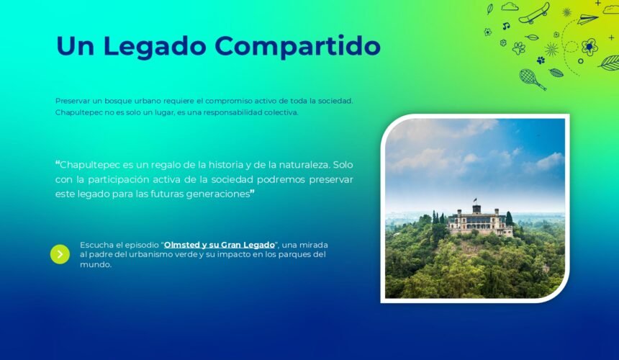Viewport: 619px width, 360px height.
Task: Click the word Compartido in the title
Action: (x=298, y=46)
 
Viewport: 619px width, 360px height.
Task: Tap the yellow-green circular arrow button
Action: (x=60, y=254)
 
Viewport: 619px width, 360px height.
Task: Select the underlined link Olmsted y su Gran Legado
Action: (x=219, y=245)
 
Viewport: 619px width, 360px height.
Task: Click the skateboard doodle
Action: (x=534, y=14)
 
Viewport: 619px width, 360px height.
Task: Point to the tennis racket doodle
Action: (x=532, y=79)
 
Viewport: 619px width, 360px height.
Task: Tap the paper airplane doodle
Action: (x=588, y=19)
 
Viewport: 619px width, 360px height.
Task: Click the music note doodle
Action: (x=506, y=26)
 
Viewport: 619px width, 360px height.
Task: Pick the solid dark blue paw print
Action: (x=541, y=60)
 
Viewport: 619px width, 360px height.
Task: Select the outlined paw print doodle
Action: (x=519, y=48)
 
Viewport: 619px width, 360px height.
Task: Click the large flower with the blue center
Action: (x=589, y=47)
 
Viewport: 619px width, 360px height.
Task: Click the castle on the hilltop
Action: (x=480, y=222)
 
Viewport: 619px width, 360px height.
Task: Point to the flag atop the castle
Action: (x=474, y=200)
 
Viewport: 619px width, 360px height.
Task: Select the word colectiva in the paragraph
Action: (x=281, y=112)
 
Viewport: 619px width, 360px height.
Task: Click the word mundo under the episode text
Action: (x=95, y=264)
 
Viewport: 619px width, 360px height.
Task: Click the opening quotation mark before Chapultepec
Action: (x=58, y=162)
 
